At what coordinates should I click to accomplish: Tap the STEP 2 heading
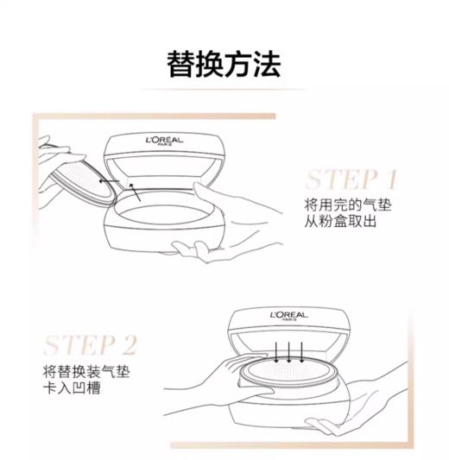point(91,346)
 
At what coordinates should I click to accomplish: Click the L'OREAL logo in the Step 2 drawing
point(288,314)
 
